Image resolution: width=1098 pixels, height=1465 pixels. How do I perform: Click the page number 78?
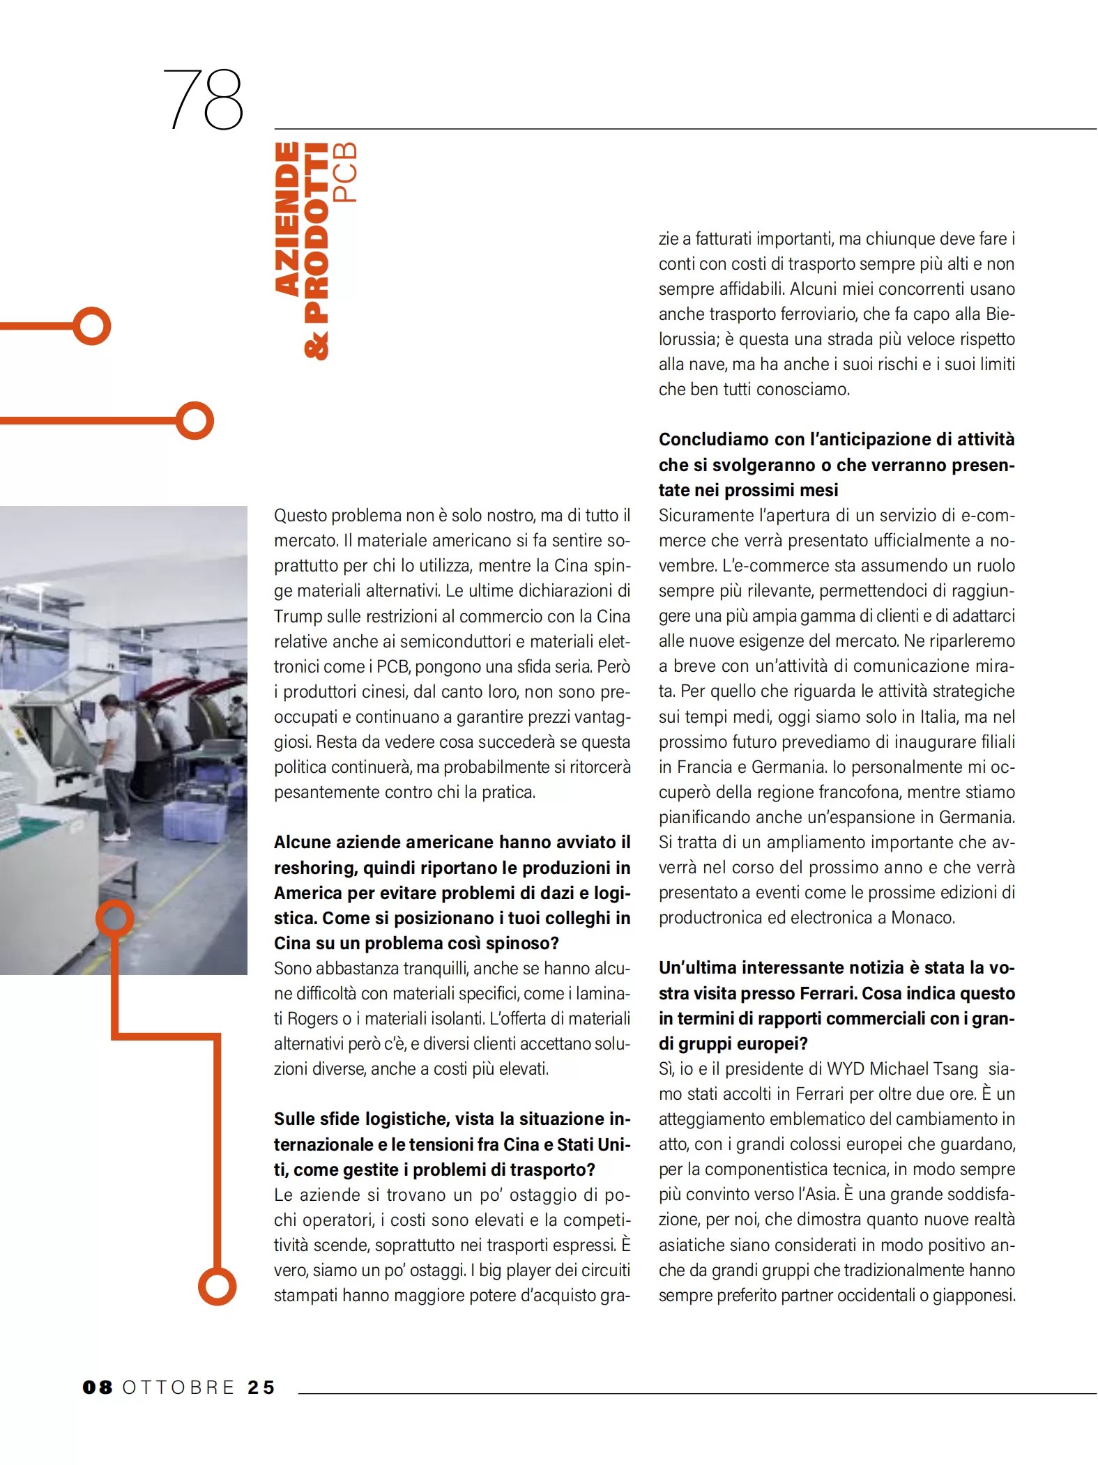coord(203,99)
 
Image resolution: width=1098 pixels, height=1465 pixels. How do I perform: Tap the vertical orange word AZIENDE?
coord(287,219)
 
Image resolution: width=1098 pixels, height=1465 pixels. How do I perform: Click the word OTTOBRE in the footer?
coord(178,1387)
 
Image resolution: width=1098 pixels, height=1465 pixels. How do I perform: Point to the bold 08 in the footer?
coord(98,1387)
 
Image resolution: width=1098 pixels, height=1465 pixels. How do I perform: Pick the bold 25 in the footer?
coord(261,1387)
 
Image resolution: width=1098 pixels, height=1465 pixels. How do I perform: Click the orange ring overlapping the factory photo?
coord(114,918)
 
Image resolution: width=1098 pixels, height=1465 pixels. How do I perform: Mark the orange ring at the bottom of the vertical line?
coord(218,1286)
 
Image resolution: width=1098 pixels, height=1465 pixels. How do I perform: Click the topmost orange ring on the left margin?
coord(92,325)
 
